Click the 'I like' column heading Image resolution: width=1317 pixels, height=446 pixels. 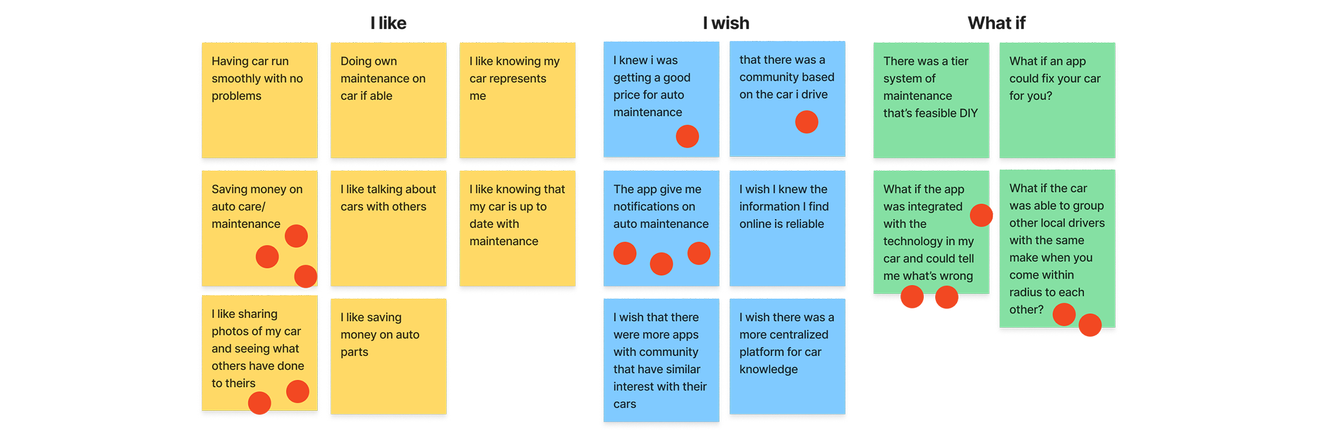tap(388, 24)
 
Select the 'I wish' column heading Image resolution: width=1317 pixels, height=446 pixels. tap(726, 24)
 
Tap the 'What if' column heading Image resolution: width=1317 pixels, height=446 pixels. tap(996, 24)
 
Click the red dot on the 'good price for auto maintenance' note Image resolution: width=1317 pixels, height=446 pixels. tap(687, 136)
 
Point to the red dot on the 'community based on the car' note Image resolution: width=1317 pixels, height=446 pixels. tap(806, 122)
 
